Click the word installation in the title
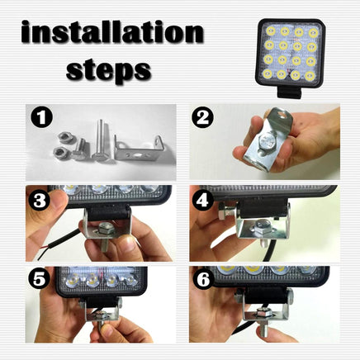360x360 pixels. pyautogui.click(x=112, y=31)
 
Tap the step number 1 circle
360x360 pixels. pyautogui.click(x=41, y=117)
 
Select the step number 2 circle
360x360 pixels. pyautogui.click(x=202, y=118)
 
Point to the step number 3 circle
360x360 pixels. pyautogui.click(x=40, y=201)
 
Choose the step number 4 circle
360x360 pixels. pyautogui.click(x=203, y=201)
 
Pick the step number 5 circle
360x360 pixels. pyautogui.click(x=39, y=280)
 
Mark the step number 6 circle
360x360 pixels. pyautogui.click(x=204, y=280)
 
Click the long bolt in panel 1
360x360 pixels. pyautogui.click(x=99, y=140)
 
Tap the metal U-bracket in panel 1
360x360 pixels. pyautogui.click(x=139, y=150)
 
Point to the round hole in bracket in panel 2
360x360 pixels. pyautogui.click(x=281, y=112)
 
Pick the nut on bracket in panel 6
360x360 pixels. pyautogui.click(x=263, y=313)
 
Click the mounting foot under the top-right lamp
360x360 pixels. pyautogui.click(x=290, y=92)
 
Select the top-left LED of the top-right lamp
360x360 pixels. pyautogui.click(x=271, y=31)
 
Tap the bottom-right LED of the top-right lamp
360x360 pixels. pyautogui.click(x=310, y=75)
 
